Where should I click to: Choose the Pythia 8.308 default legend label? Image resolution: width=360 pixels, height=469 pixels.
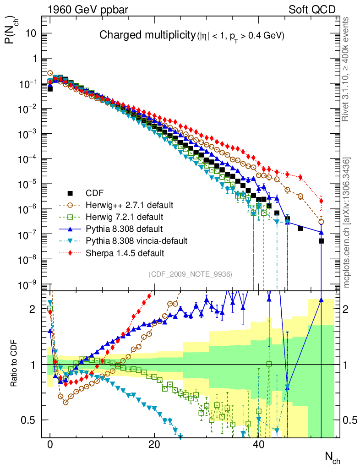click(x=124, y=228)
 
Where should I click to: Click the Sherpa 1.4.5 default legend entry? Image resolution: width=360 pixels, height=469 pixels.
click(x=125, y=252)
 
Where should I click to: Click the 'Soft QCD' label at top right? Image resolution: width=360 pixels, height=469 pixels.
click(x=312, y=10)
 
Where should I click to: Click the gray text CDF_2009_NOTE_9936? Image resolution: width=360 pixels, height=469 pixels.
click(x=191, y=274)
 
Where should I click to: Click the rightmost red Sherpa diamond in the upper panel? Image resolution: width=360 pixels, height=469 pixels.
click(x=322, y=201)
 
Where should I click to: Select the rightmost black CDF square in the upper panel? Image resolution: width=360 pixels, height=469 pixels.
click(x=322, y=241)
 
